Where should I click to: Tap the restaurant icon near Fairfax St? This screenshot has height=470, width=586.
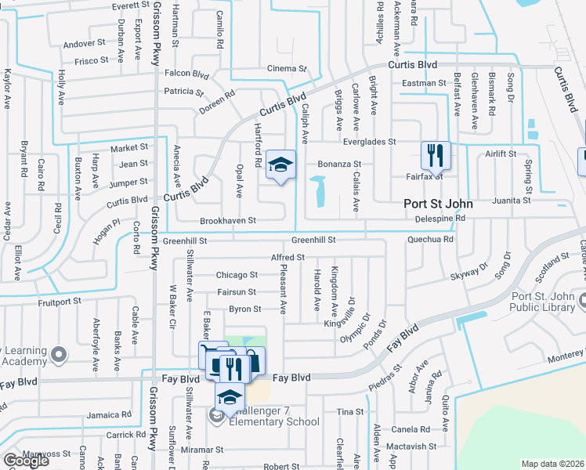click(x=433, y=155)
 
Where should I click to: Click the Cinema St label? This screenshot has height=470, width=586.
click(x=287, y=69)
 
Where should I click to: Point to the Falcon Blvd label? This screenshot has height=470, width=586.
click(x=186, y=74)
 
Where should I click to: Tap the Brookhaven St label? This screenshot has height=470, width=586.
click(x=228, y=221)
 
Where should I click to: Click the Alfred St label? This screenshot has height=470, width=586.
click(x=287, y=257)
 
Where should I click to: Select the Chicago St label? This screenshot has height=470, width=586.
click(x=237, y=275)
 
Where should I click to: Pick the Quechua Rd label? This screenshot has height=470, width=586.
click(x=431, y=240)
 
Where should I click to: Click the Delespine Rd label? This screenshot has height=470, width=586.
click(x=440, y=219)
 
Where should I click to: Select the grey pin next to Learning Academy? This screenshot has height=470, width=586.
click(x=58, y=356)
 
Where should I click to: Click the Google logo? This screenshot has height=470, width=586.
click(x=26, y=460)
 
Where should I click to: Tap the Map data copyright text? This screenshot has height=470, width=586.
click(x=552, y=464)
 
